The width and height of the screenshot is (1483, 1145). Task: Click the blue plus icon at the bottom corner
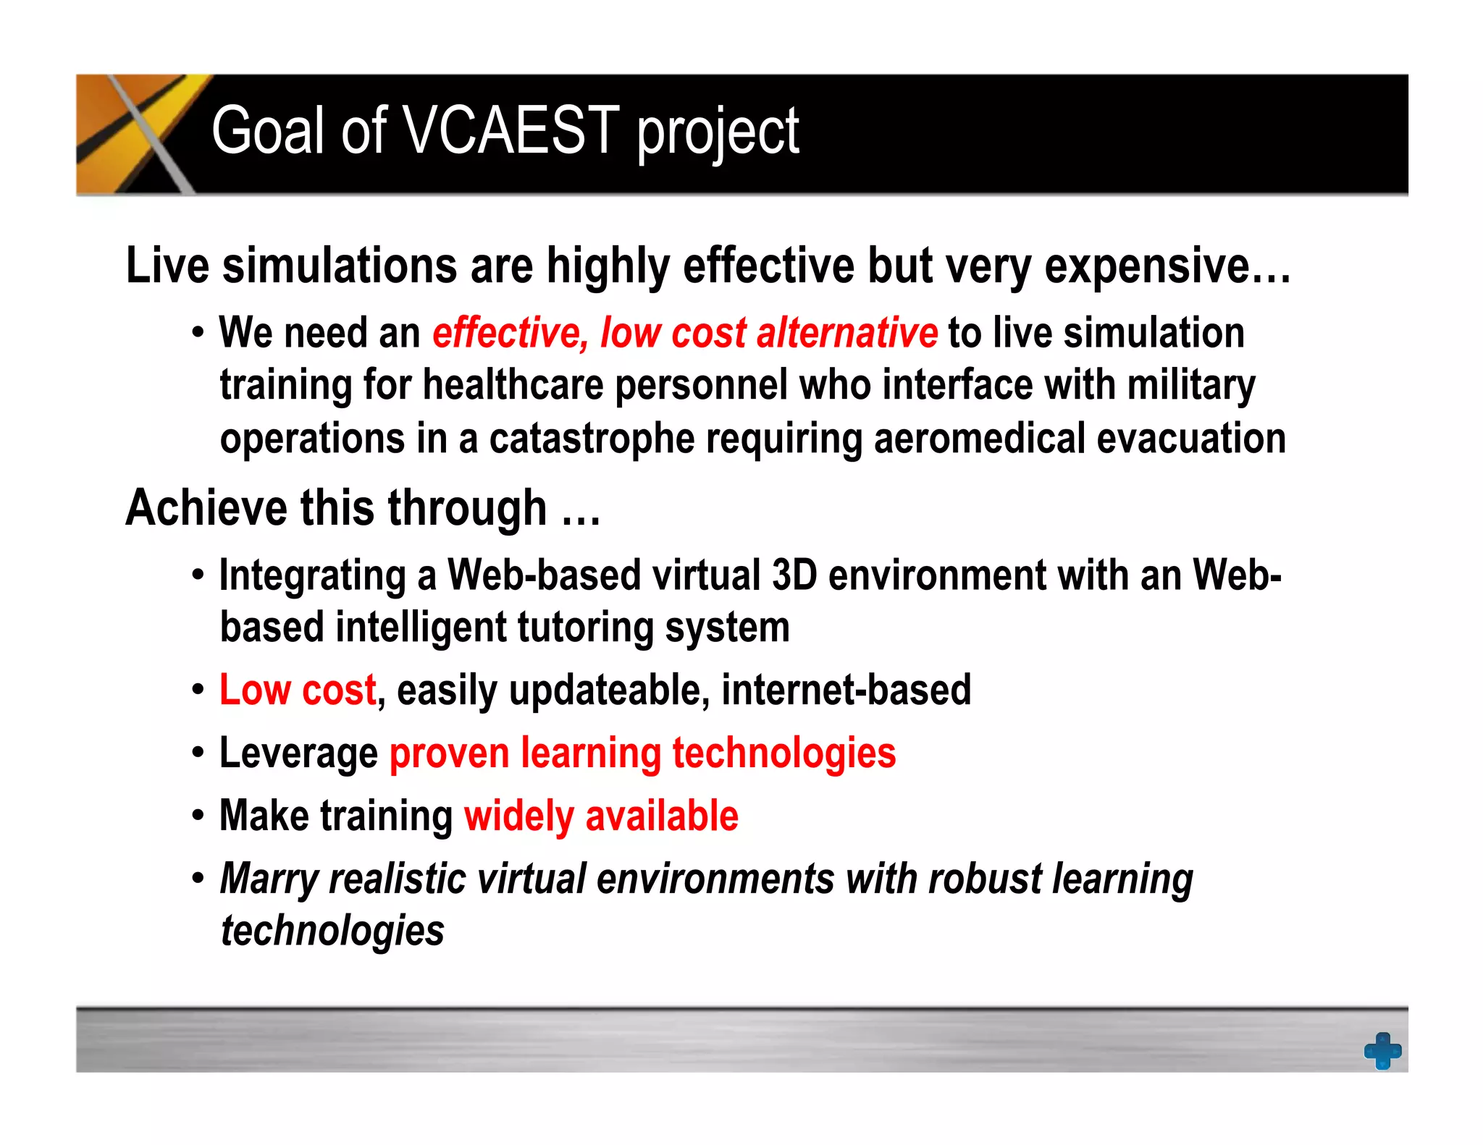click(x=1382, y=1050)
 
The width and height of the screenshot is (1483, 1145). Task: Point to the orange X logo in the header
click(x=138, y=134)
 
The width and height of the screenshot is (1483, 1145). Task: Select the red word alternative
click(x=846, y=333)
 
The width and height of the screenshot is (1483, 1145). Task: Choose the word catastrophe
click(x=592, y=439)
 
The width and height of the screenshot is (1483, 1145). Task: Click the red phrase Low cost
click(x=298, y=690)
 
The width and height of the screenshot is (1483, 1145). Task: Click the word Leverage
click(x=298, y=754)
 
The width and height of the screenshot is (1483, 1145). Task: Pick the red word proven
click(x=449, y=754)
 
